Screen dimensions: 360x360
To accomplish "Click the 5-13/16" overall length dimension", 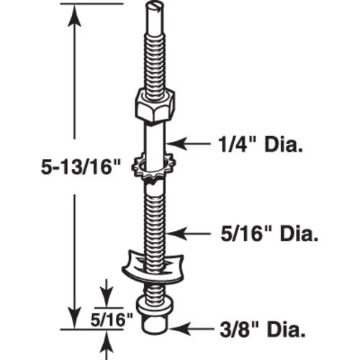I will [43, 168].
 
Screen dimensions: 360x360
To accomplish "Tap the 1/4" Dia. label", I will [261, 145].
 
